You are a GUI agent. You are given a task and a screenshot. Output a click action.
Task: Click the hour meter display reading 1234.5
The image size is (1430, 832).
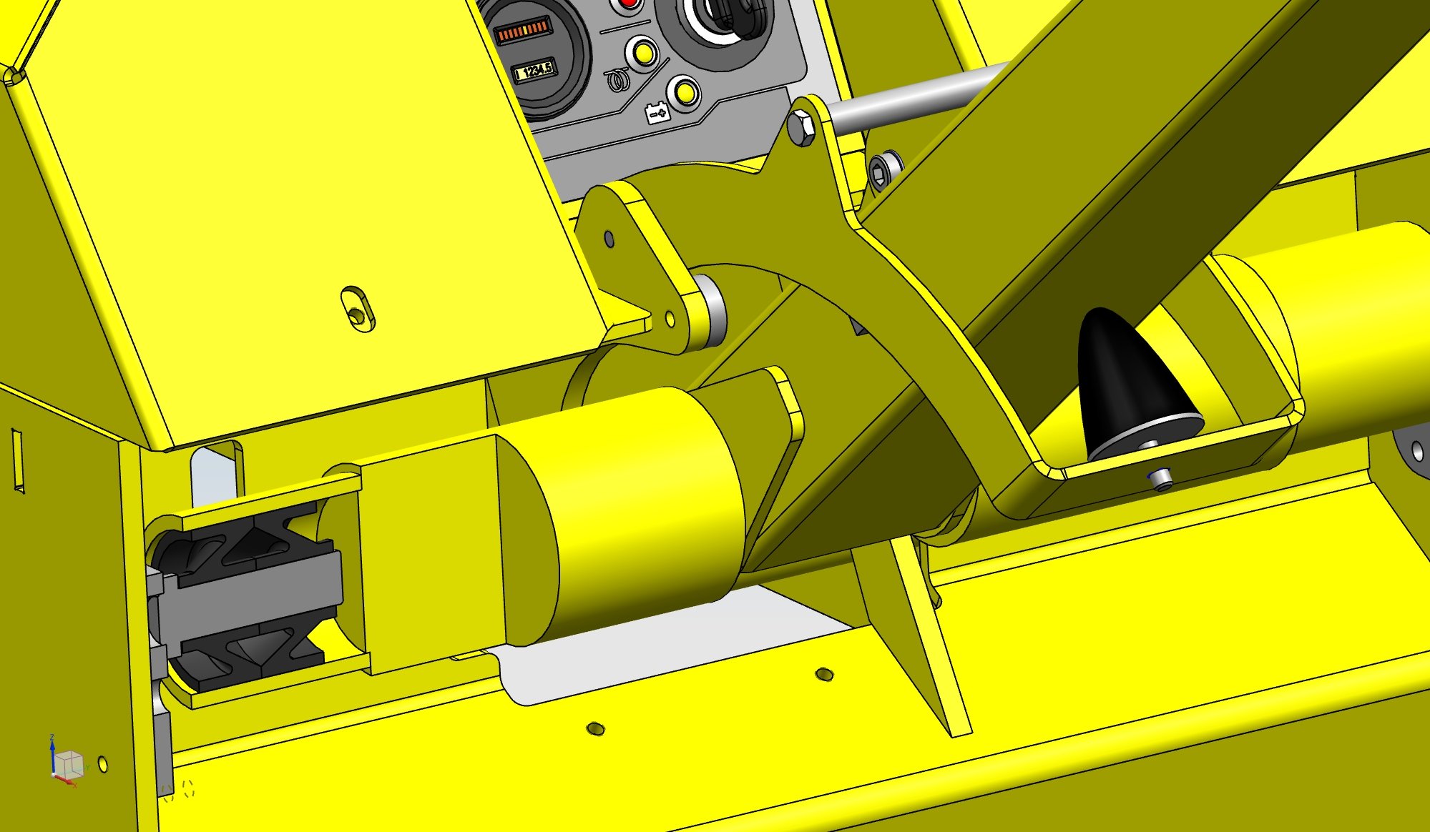pyautogui.click(x=534, y=71)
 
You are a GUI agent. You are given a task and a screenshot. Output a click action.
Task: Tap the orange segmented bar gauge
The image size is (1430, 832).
pyautogui.click(x=523, y=31)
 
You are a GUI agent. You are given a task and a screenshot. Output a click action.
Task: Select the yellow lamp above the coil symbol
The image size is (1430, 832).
pyautogui.click(x=642, y=53)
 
